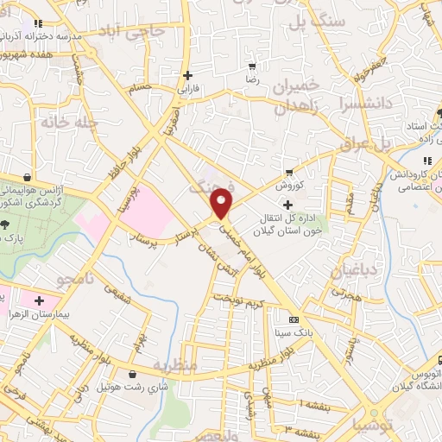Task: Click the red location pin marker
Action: coord(223,202)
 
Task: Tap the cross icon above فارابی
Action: coord(187,74)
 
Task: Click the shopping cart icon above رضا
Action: coord(252,66)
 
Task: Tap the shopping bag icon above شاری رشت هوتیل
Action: coord(131,375)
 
